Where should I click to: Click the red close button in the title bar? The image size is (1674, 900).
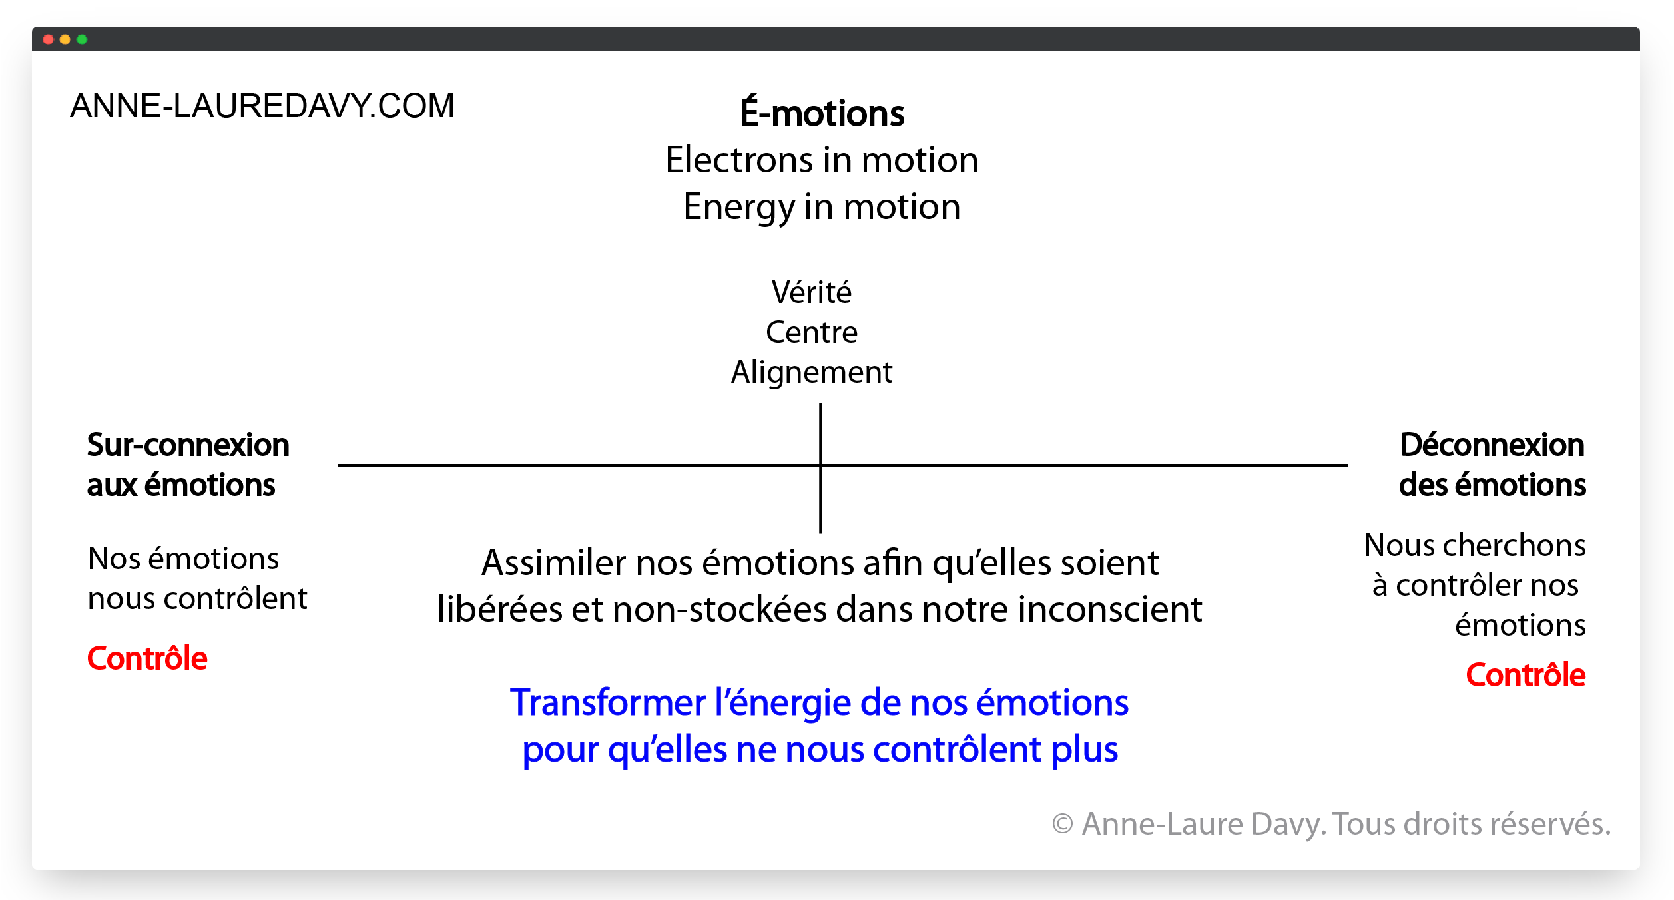[x=48, y=39]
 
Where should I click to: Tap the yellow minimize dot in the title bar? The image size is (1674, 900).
[x=65, y=39]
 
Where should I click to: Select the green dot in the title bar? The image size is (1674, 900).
[x=82, y=39]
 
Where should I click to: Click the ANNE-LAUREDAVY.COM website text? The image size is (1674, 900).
[x=262, y=106]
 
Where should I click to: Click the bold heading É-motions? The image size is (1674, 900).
[x=822, y=113]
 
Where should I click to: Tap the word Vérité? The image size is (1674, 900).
[x=811, y=292]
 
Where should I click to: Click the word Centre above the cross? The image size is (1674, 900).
[x=811, y=332]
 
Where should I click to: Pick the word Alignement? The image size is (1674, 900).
[x=811, y=372]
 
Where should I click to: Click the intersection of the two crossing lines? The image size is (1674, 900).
[x=820, y=465]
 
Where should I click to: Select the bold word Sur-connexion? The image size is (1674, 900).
[x=188, y=445]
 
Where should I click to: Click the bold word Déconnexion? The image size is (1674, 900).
[x=1492, y=445]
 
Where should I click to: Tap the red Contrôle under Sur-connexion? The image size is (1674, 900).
[x=147, y=658]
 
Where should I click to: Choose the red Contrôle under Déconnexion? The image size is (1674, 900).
[x=1525, y=675]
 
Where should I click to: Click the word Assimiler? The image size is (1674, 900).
[x=553, y=563]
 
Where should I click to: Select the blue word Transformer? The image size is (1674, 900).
[x=607, y=703]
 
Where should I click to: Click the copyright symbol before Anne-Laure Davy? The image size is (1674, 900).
[x=1062, y=824]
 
